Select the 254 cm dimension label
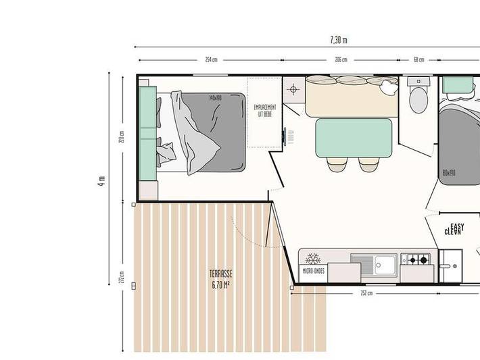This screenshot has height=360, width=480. coord(212,59)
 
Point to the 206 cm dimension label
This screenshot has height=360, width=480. coord(341,59)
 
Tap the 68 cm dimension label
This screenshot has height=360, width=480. coord(419,59)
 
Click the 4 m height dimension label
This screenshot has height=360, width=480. coord(101,180)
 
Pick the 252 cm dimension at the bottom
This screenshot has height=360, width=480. coord(366,293)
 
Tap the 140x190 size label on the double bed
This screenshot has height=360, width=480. coord(216,97)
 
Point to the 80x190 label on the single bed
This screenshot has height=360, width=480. coord(449,172)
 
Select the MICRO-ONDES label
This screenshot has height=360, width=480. coord(314,272)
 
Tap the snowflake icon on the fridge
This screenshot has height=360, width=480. coord(313,259)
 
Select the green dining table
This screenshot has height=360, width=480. coord(354,137)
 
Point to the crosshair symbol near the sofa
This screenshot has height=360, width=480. coord(293,88)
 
